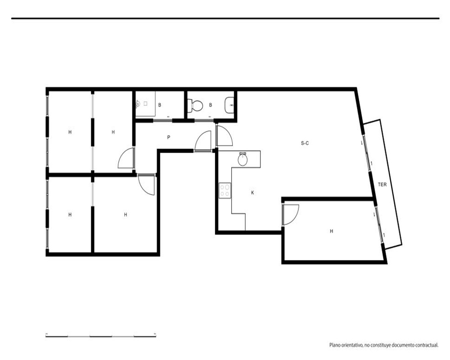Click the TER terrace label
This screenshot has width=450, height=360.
pyautogui.click(x=382, y=184)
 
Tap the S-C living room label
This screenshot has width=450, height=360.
pyautogui.click(x=305, y=143)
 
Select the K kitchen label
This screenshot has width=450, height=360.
pyautogui.click(x=252, y=193)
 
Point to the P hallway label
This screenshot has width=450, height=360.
pyautogui.click(x=168, y=138)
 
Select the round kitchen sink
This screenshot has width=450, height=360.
pyautogui.click(x=243, y=159)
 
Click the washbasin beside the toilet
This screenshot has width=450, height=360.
pyautogui.click(x=229, y=105)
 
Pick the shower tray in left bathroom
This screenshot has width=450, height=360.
pyautogui.click(x=145, y=104)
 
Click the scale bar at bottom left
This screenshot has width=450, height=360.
pyautogui.click(x=101, y=336)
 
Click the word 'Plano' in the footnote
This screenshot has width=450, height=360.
pyautogui.click(x=335, y=345)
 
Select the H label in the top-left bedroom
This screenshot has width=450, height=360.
pyautogui.click(x=70, y=132)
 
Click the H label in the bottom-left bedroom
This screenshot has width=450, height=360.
pyautogui.click(x=70, y=215)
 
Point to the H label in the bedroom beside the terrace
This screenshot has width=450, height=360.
pyautogui.click(x=332, y=231)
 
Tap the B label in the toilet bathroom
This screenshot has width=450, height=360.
pyautogui.click(x=210, y=105)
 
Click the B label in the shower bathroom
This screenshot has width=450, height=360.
pyautogui.click(x=160, y=105)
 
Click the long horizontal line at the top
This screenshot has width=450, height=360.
pyautogui.click(x=225, y=18)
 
